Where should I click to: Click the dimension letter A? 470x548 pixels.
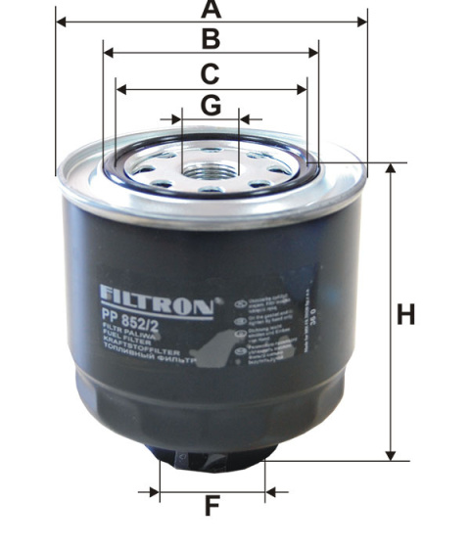tap(211, 10)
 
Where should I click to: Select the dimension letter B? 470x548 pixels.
tap(211, 39)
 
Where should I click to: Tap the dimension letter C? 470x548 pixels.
tap(211, 74)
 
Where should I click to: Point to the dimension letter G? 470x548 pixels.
tap(211, 104)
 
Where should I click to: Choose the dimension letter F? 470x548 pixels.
tap(211, 506)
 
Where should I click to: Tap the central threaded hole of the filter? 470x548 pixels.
tap(210, 170)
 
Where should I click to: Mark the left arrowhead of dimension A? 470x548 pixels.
tap(63, 20)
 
